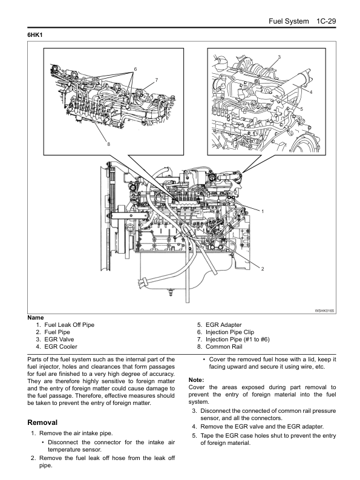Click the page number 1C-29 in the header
coord(326,21)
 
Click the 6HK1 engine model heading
coord(35,35)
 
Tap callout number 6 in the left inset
coord(136,69)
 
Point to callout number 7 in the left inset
coord(157,80)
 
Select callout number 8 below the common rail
coord(108,144)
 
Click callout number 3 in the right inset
coord(279,57)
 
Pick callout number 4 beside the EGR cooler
coord(311,92)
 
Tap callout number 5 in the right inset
coord(301,109)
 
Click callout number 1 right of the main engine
coord(263,211)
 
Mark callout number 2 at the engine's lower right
coord(263,269)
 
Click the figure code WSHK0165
coord(324,311)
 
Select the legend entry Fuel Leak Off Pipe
coord(69,325)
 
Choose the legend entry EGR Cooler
coord(61,346)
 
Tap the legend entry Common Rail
coord(224,346)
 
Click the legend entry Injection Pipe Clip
coord(229,332)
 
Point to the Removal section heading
coord(42,422)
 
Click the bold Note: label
coord(196,380)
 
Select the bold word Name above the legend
coord(36,317)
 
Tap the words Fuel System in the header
coord(289,21)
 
